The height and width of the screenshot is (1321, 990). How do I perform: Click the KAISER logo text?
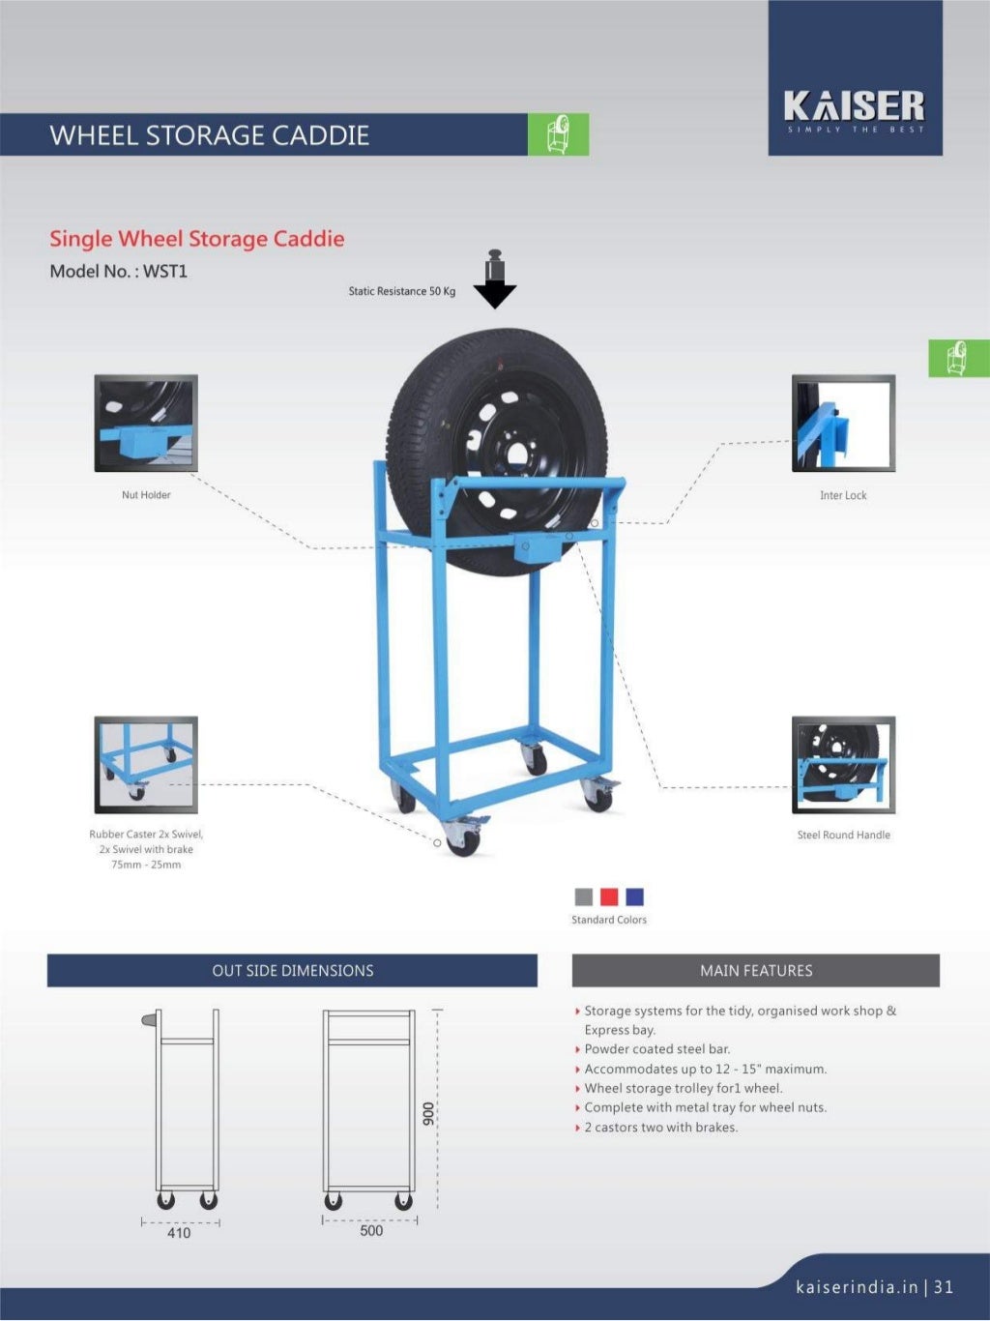[854, 105]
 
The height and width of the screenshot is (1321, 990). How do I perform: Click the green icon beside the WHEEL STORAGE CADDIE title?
[558, 134]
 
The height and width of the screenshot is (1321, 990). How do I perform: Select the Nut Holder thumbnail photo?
[146, 424]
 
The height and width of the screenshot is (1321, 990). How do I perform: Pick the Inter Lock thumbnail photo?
[843, 424]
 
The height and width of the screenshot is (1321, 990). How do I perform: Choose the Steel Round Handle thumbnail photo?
[843, 765]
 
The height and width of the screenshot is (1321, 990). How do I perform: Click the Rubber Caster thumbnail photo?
[146, 765]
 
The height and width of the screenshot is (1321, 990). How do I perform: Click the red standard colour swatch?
[609, 896]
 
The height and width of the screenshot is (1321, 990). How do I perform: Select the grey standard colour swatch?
[584, 896]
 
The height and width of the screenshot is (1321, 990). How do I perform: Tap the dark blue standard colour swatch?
[634, 896]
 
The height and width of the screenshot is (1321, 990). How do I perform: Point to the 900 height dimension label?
[428, 1113]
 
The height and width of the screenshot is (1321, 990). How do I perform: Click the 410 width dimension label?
[179, 1233]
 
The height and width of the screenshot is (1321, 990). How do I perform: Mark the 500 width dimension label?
[371, 1231]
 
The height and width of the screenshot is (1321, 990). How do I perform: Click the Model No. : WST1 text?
[118, 272]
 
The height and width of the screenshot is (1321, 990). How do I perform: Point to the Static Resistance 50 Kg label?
[401, 291]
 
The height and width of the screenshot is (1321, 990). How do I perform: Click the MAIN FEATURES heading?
[756, 971]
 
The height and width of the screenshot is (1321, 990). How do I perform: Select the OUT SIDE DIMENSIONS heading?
[292, 971]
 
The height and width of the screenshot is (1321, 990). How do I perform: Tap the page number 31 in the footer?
[944, 1287]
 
